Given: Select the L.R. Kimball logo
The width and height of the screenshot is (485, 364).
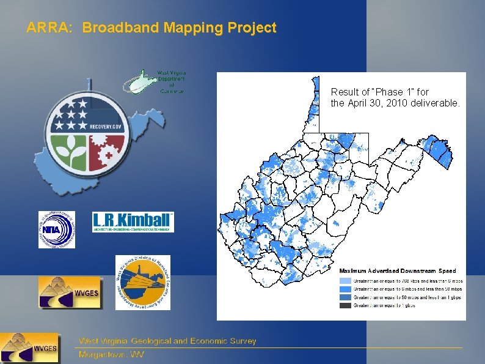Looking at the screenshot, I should (x=133, y=222).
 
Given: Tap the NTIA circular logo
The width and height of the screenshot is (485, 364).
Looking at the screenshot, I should (x=57, y=229).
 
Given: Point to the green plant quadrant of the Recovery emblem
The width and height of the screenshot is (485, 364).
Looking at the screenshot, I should (x=69, y=152).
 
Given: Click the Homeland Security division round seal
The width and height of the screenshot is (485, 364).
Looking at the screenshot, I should (x=143, y=283).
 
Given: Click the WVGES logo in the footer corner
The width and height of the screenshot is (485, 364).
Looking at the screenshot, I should (x=30, y=349).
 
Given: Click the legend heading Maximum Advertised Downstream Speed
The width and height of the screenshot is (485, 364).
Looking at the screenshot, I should (x=398, y=270).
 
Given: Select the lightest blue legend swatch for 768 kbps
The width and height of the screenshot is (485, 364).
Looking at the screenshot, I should (x=346, y=281).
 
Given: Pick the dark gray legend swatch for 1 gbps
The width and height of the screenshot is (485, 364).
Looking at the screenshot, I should (x=346, y=305).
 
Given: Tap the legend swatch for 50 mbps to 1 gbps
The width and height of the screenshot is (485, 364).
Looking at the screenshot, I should (x=346, y=297).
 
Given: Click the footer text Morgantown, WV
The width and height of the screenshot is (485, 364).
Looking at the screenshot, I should (x=111, y=355).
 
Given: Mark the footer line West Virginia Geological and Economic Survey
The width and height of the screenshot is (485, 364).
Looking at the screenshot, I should (x=167, y=341).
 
